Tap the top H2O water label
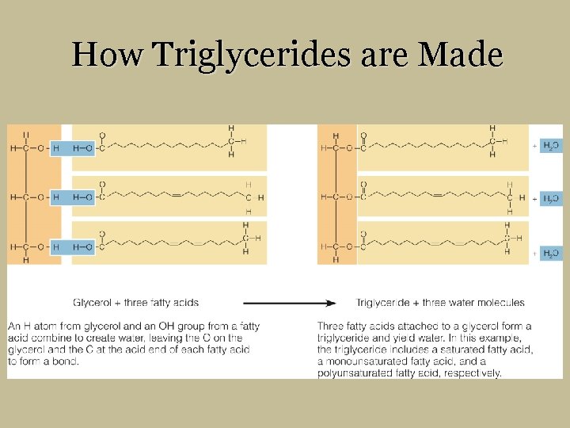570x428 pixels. pyautogui.click(x=551, y=147)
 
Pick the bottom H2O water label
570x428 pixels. pyautogui.click(x=551, y=253)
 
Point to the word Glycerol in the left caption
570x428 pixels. pyautogui.click(x=93, y=303)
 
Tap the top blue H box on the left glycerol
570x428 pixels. pyautogui.click(x=55, y=147)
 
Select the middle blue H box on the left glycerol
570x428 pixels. pyautogui.click(x=55, y=197)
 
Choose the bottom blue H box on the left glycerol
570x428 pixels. pyautogui.click(x=55, y=247)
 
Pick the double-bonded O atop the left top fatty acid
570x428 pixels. pyautogui.click(x=102, y=135)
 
